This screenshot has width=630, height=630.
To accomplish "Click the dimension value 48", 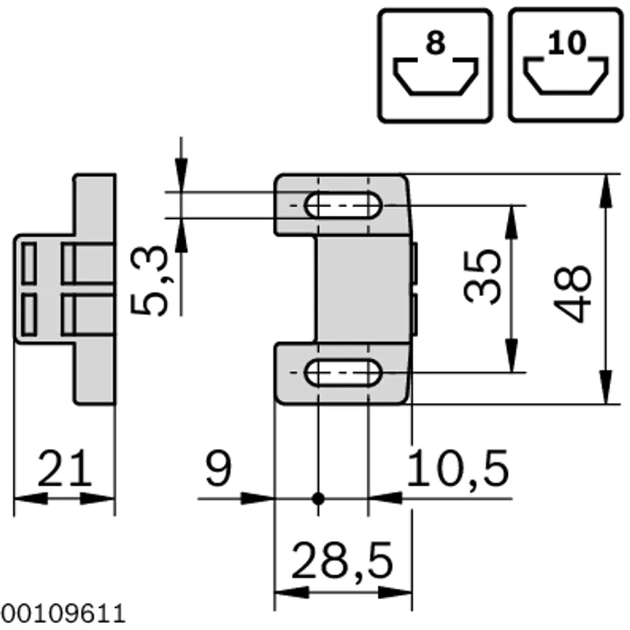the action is point(573,293).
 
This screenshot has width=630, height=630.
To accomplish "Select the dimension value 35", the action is point(482,276).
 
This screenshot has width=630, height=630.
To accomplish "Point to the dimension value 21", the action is point(65,468).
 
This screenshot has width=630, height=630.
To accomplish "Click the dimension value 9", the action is point(218,468).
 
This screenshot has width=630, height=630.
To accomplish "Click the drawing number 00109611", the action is point(63,613).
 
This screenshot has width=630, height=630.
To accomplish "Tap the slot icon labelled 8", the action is point(435,65).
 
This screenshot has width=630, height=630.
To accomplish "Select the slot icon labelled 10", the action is point(565,65).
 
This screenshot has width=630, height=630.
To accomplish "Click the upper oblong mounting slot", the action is point(343,206).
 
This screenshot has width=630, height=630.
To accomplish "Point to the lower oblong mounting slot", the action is point(343,372).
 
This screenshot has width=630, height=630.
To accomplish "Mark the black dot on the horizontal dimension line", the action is point(318,498).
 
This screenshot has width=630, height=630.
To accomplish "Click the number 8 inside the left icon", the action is point(435,43).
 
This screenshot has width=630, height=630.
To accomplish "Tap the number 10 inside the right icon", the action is point(566,43).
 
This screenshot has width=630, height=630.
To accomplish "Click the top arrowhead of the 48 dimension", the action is point(606,191).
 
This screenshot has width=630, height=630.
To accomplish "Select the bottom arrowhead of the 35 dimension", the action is point(511,355).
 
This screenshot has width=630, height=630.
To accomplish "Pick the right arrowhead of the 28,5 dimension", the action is point(395,592).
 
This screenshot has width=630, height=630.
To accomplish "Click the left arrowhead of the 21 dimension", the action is point(31,499).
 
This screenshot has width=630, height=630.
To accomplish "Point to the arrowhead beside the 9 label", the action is point(258,498).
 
